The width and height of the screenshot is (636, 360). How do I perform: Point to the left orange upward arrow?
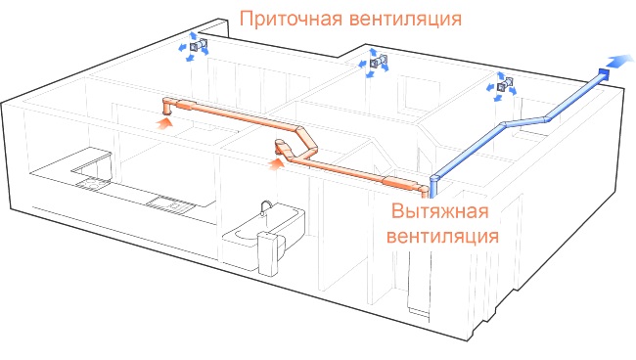pyautogui.click(x=165, y=122)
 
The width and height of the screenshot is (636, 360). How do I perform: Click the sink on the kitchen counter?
pyautogui.click(x=93, y=180)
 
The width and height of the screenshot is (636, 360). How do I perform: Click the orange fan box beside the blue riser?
pyautogui.click(x=402, y=180)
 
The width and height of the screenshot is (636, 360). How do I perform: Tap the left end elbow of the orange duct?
pyautogui.click(x=166, y=104)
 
